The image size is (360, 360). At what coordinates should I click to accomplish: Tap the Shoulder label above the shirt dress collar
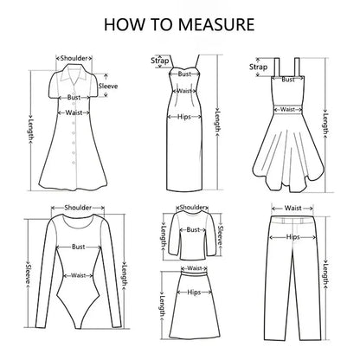click(x=74, y=59)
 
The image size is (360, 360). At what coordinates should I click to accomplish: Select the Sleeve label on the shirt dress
click(x=108, y=87)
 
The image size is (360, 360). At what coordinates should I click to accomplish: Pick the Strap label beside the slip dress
click(x=159, y=61)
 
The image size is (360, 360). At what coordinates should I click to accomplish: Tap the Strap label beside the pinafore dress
click(x=258, y=67)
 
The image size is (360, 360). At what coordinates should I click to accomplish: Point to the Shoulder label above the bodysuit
click(x=80, y=209)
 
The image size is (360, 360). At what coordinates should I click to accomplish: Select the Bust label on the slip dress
click(x=184, y=74)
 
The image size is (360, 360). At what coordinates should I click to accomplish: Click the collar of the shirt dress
click(x=74, y=68)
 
